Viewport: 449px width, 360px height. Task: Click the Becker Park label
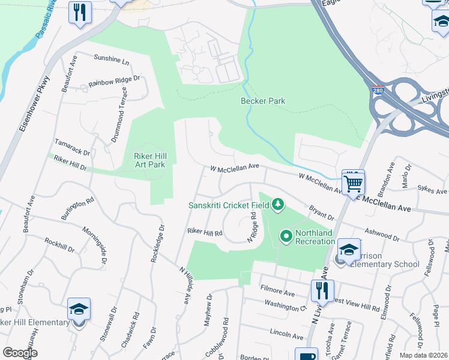(263, 101)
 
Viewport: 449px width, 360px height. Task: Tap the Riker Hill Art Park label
(148, 160)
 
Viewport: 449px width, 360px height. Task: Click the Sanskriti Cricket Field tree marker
(277, 206)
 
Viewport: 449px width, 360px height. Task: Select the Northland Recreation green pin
(286, 237)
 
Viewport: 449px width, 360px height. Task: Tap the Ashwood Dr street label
(382, 234)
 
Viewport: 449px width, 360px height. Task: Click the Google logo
(20, 353)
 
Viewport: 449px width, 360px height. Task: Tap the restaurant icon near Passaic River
(79, 11)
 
